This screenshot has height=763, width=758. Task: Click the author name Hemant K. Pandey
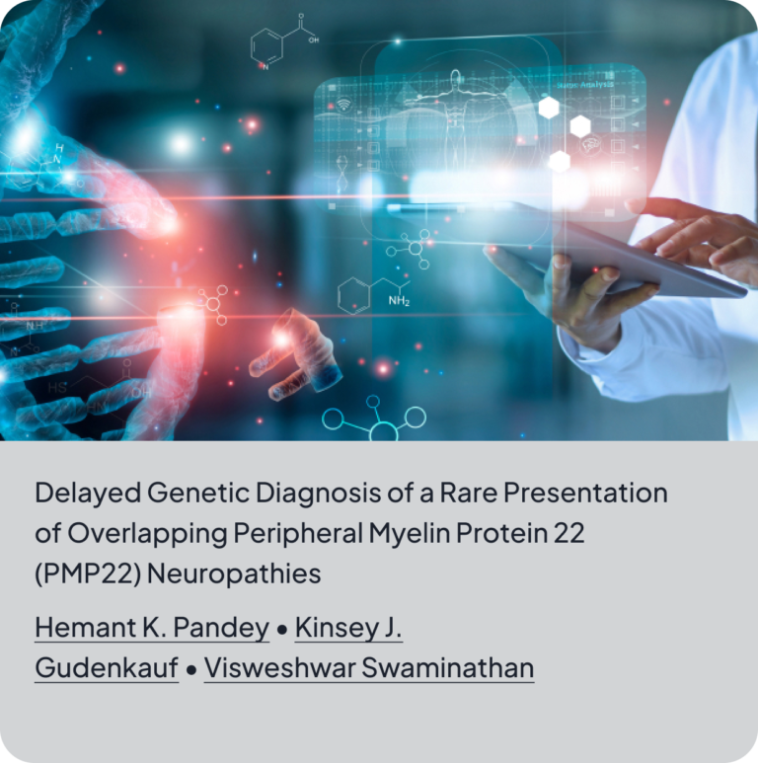coord(152,627)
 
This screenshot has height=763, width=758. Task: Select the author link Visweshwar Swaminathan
coord(369,667)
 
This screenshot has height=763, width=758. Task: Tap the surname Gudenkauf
coord(107,667)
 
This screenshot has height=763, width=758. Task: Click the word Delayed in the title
coord(88,493)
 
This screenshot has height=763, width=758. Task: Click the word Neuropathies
coord(234,573)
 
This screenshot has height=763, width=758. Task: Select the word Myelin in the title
coord(410,533)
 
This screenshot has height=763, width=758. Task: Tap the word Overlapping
coord(147,533)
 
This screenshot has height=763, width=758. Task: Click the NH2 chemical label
coord(399,301)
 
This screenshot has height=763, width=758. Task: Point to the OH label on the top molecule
coord(314,39)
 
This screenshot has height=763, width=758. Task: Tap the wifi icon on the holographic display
coord(344,104)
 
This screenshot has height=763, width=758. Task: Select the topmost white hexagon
coord(549,108)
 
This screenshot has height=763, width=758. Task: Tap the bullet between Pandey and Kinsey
coord(281,629)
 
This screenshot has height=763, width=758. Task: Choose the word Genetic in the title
coord(198,493)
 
